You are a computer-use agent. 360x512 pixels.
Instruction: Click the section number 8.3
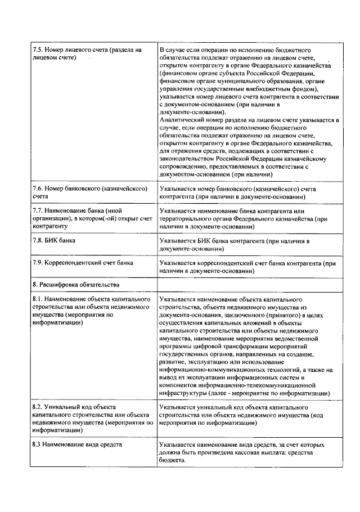point(38,445)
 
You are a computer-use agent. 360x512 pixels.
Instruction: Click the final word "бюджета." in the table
point(173,460)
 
